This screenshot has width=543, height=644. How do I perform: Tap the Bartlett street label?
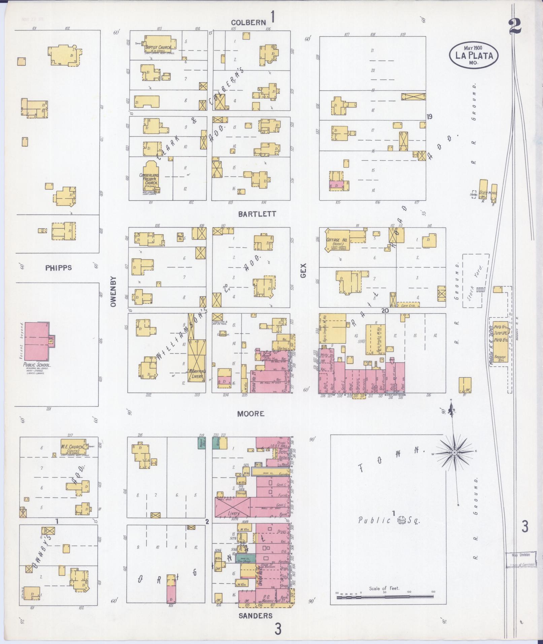click(x=257, y=214)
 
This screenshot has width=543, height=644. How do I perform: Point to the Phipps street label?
click(x=58, y=268)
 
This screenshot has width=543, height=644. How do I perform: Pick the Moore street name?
click(x=250, y=414)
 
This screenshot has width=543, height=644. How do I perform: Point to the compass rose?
click(x=454, y=453)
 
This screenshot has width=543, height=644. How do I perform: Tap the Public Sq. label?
click(x=389, y=530)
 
